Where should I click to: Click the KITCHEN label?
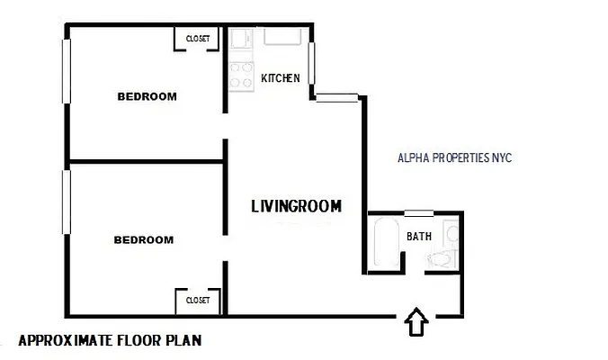280,78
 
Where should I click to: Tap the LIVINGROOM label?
296,206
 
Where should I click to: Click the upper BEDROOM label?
148,96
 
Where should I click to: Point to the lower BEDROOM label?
144,239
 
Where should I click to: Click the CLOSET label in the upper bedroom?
198,39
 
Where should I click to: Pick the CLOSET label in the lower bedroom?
198,300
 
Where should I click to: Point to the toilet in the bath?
439,259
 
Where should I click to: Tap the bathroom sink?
456,236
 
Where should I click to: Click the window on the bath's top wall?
418,213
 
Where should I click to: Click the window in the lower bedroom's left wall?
66,203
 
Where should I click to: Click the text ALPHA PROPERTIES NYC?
454,157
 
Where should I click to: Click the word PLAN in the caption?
184,341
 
